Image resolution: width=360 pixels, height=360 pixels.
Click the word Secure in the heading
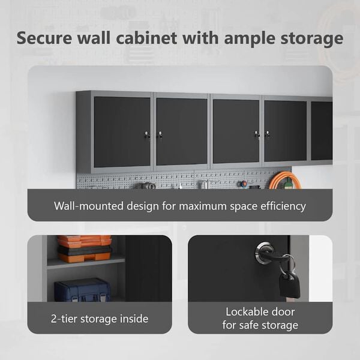(44, 38)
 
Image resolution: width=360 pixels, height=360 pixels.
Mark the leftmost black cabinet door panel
(122, 132)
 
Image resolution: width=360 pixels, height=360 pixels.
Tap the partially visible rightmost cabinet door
(322, 131)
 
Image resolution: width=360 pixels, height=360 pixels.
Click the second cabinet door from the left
(182, 131)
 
